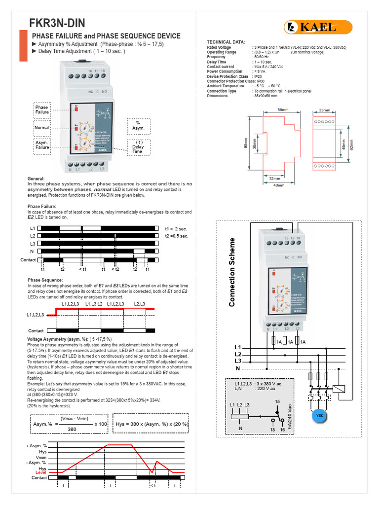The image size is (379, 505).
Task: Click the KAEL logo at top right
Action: coord(317,28)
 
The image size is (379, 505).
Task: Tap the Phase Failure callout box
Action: coord(42,109)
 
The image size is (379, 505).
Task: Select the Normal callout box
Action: coord(42,128)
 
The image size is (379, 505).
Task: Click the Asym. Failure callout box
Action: coord(42,144)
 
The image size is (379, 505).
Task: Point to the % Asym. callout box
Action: coord(138,125)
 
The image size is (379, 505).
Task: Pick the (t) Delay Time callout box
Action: coord(138,146)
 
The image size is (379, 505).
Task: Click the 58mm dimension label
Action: coord(283,110)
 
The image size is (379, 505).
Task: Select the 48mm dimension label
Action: coord(279,185)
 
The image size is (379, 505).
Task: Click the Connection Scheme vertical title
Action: coord(232,272)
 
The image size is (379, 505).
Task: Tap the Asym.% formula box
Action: coord(69,424)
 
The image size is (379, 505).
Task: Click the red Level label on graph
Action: coord(41,472)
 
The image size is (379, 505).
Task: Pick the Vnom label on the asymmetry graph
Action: coord(41,458)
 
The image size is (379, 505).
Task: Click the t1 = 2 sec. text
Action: coord(176,229)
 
